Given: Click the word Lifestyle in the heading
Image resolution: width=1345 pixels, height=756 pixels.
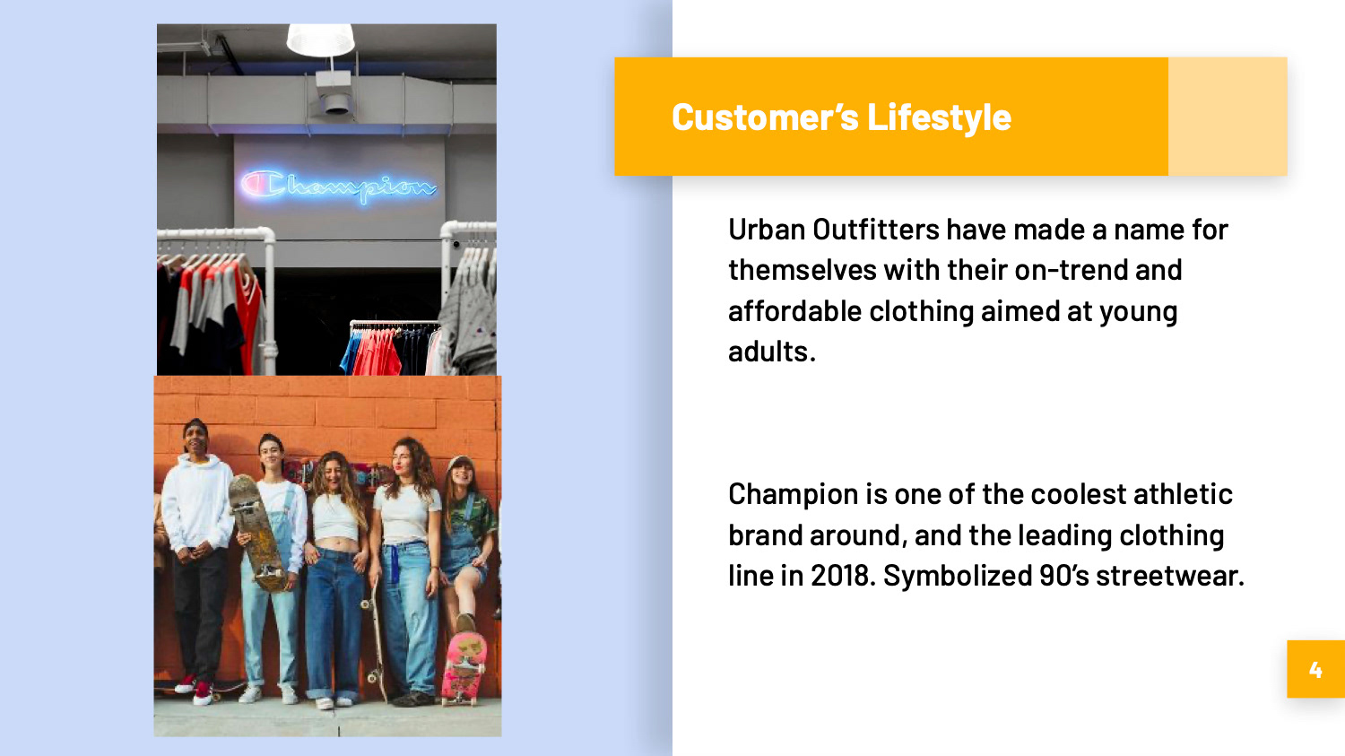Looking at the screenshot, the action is click(939, 117).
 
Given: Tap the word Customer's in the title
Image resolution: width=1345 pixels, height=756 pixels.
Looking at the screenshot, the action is click(765, 117).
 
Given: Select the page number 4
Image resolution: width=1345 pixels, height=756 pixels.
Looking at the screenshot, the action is click(1315, 670).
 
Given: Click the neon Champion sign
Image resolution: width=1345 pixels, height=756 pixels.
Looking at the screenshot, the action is click(338, 186).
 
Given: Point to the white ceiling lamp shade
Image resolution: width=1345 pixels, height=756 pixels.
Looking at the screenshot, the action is click(321, 39).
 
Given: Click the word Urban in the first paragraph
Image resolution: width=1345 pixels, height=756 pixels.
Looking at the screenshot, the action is click(767, 230).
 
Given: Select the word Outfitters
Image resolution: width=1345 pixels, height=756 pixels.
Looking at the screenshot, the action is click(876, 230).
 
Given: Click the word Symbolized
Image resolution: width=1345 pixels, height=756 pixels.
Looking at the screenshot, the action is click(958, 577).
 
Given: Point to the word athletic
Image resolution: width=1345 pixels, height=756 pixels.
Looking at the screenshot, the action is click(1183, 494).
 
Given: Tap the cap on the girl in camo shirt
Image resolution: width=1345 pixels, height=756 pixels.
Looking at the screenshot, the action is click(460, 463).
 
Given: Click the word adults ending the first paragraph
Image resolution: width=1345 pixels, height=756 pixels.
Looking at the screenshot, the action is click(772, 352).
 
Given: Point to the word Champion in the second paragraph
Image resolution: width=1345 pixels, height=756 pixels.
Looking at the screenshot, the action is click(794, 495).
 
